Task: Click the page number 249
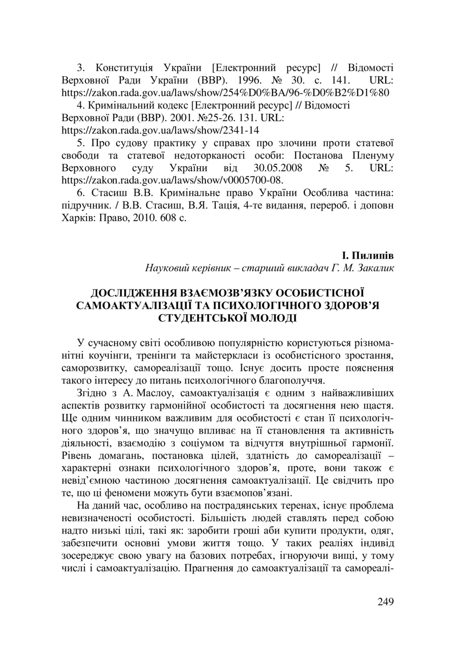point(385,602)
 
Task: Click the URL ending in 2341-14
point(160,130)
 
